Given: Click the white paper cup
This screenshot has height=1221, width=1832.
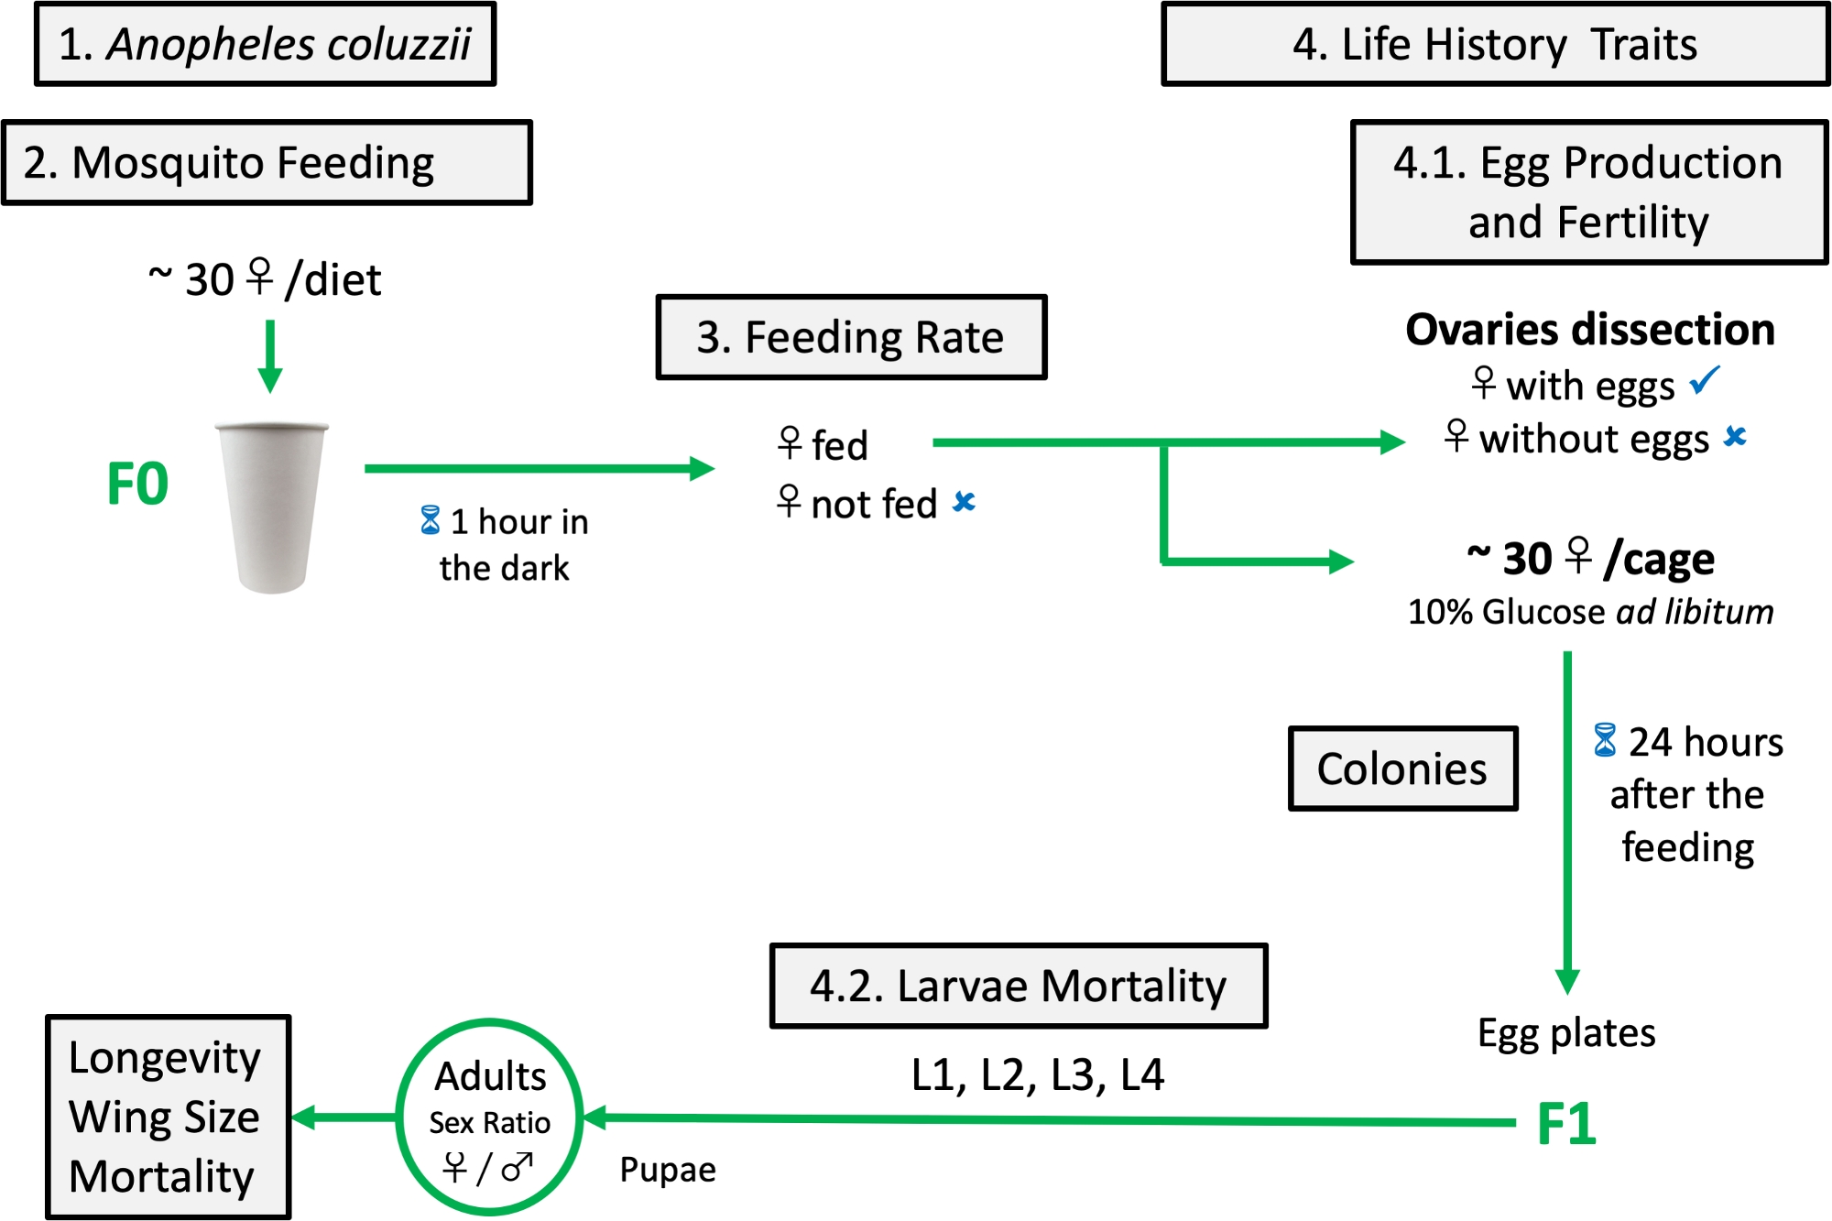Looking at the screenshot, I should (x=271, y=507).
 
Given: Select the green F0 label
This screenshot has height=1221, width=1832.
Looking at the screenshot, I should (x=137, y=484).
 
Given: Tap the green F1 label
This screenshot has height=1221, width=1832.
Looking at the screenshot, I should (x=1566, y=1123).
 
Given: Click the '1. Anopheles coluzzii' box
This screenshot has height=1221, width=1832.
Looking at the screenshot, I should (x=265, y=44).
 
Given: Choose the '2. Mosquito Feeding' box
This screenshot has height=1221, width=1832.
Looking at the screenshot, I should (x=267, y=163).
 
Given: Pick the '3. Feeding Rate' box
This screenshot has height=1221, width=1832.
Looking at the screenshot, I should (x=851, y=337).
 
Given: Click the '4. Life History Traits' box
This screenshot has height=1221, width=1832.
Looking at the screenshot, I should (x=1495, y=44).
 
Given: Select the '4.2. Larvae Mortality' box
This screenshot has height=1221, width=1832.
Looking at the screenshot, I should (x=1018, y=986).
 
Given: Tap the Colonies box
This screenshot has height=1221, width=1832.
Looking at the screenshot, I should (x=1401, y=769).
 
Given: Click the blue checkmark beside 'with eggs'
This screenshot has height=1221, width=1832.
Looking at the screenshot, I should (x=1705, y=380).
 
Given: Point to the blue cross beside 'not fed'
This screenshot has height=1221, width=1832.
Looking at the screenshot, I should (x=964, y=501).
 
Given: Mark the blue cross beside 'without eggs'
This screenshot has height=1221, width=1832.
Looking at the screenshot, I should (x=1734, y=436).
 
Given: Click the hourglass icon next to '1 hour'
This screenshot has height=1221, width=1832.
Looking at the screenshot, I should (x=430, y=520).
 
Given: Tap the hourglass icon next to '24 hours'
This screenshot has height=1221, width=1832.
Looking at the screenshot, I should (x=1604, y=740).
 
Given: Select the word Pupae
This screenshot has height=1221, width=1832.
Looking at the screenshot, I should (x=668, y=1170).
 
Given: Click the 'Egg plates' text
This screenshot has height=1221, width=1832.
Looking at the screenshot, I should (x=1566, y=1033).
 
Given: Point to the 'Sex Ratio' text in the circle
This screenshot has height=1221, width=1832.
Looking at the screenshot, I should (x=490, y=1123).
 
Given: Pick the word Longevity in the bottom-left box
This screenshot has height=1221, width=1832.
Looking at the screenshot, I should (x=165, y=1059).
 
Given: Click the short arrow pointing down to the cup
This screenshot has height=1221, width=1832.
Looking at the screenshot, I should (x=270, y=355).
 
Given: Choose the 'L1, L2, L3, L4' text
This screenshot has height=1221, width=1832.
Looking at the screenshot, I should (x=1037, y=1075).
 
